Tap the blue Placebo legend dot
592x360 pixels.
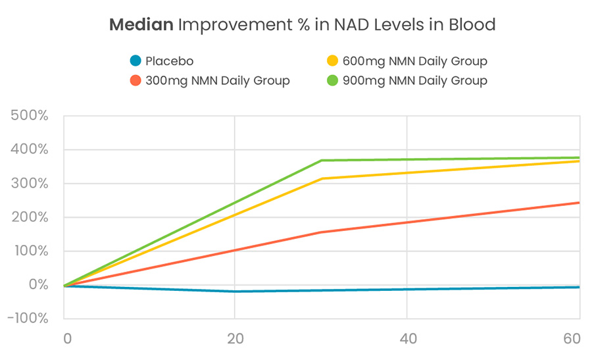click(x=136, y=62)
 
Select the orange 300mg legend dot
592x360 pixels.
click(x=136, y=81)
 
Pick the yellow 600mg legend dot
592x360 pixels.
click(x=333, y=62)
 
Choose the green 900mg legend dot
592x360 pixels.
click(x=333, y=81)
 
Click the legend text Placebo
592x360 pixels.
click(x=170, y=62)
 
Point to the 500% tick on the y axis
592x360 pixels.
click(x=30, y=116)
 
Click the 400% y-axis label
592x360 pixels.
click(x=30, y=150)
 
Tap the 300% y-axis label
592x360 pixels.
click(x=30, y=184)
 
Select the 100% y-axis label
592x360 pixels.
click(x=30, y=251)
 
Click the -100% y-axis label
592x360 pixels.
click(x=27, y=319)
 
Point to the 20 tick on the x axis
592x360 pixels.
click(x=235, y=339)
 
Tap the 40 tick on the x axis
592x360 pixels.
click(x=407, y=339)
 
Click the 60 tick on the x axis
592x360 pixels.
click(x=572, y=339)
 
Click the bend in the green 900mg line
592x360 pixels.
click(x=321, y=161)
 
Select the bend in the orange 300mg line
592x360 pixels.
click(x=321, y=232)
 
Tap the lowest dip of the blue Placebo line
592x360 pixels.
click(x=235, y=292)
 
